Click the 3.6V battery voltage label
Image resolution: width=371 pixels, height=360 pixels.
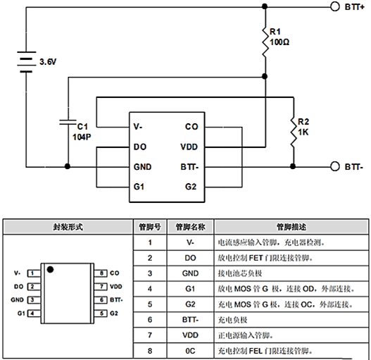coord(48,62)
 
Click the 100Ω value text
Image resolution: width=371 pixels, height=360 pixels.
coord(280,42)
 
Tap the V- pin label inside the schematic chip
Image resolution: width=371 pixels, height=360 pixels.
coord(138,127)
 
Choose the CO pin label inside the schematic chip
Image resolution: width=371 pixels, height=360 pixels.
coord(190,127)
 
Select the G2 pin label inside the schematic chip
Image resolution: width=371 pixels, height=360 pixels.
coord(190,187)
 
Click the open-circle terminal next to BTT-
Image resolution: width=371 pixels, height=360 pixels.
coord(334,167)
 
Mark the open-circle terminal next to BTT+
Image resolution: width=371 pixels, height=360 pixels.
coord(334,7)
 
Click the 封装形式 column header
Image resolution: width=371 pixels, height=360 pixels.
coord(68,228)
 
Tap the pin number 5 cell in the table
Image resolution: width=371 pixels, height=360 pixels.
coord(149,304)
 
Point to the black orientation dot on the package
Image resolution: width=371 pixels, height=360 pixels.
coord(50,268)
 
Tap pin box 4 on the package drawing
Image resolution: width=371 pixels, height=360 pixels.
coord(32,312)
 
